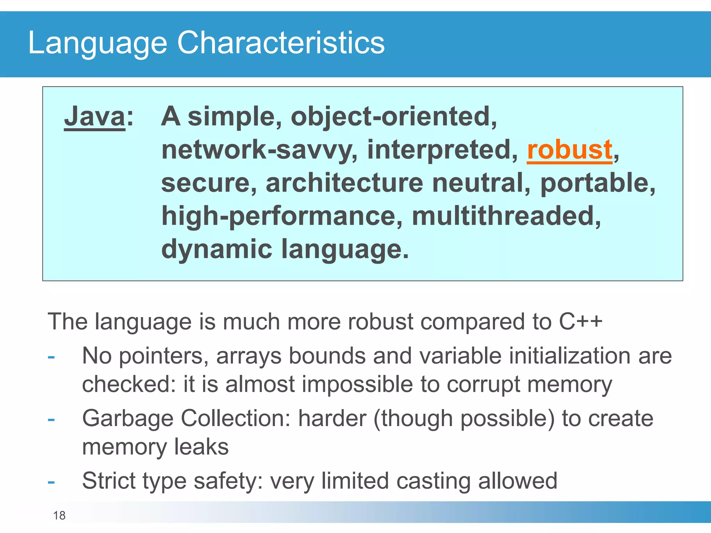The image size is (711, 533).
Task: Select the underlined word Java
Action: (94, 117)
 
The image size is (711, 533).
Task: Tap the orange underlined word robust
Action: (569, 150)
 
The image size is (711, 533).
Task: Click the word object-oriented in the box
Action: (394, 117)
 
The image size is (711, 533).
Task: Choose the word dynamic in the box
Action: (217, 249)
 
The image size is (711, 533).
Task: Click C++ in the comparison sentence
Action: (580, 322)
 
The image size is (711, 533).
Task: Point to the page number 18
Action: (59, 516)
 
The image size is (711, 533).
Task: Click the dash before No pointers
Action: (51, 357)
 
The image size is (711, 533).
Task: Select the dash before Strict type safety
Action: (51, 482)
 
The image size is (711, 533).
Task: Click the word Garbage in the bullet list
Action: (127, 418)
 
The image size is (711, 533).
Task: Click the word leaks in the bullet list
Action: (201, 447)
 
